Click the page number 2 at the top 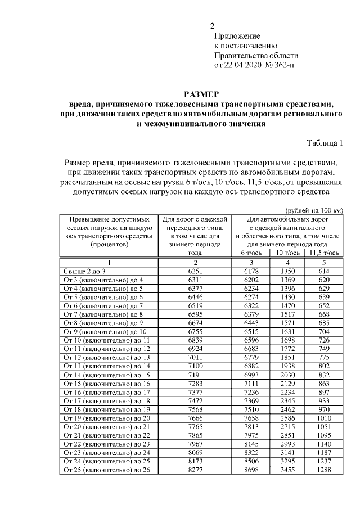pyautogui.click(x=212, y=25)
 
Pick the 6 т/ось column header pyautogui.click(x=252, y=254)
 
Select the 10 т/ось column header pyautogui.click(x=285, y=254)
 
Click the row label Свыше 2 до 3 pyautogui.click(x=84, y=271)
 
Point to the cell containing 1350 pyautogui.click(x=285, y=271)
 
